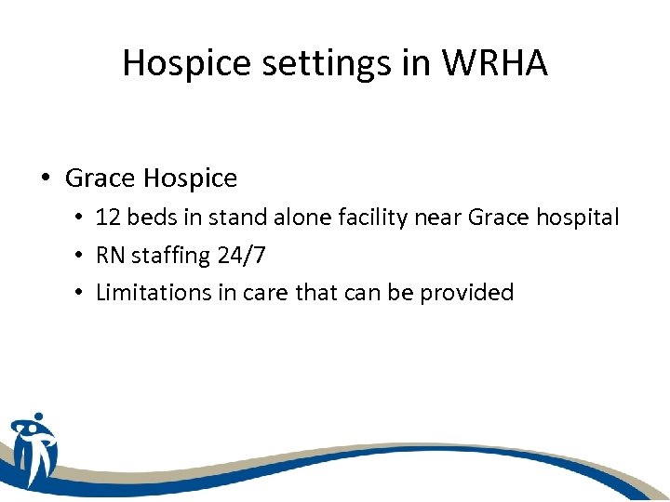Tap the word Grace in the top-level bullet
100,178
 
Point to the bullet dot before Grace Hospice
46,178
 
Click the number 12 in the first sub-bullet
108,218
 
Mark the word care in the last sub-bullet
266,293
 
